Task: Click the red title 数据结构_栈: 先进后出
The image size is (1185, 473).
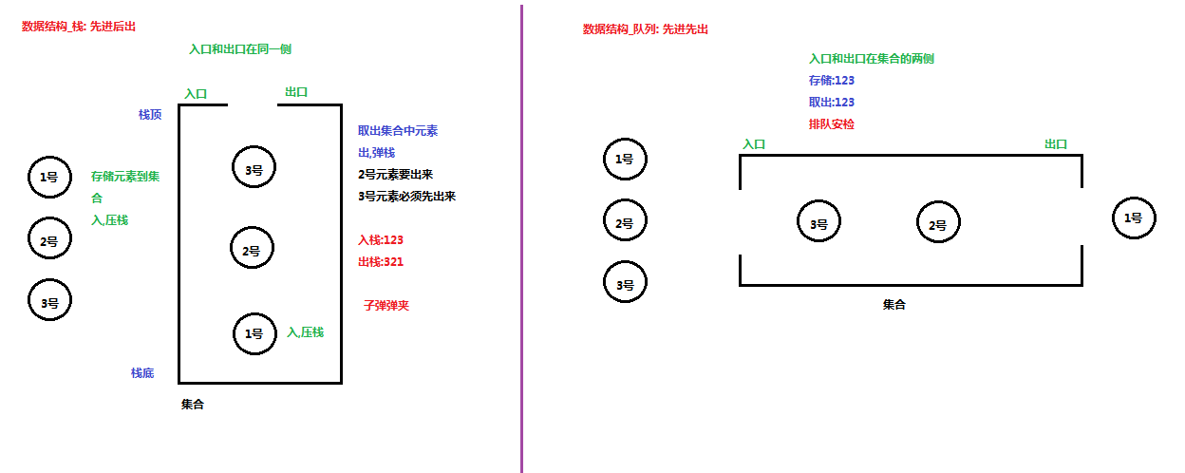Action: [x=79, y=27]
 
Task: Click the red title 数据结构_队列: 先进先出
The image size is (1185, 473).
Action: [x=646, y=29]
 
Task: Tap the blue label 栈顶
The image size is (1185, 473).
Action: [x=150, y=115]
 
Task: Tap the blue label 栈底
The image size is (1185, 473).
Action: [x=142, y=373]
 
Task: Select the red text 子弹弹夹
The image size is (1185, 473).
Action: [x=386, y=306]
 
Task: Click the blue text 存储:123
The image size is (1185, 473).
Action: [x=832, y=81]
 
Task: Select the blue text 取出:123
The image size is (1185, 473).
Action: [x=832, y=103]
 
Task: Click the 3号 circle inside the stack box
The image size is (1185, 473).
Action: [x=254, y=168]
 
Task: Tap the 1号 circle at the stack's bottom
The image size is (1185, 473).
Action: [x=254, y=333]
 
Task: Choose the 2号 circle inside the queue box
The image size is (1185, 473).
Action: [x=937, y=224]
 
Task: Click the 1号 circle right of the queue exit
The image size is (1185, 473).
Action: [x=1134, y=218]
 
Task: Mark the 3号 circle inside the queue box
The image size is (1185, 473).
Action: [x=818, y=224]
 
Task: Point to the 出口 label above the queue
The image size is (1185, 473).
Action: [x=1056, y=144]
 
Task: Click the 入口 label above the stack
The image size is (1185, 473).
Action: [x=196, y=94]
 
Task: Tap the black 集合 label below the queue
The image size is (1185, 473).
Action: [x=894, y=305]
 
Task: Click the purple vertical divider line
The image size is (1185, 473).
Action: [x=521, y=237]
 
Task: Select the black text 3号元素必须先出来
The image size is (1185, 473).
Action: [x=407, y=197]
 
